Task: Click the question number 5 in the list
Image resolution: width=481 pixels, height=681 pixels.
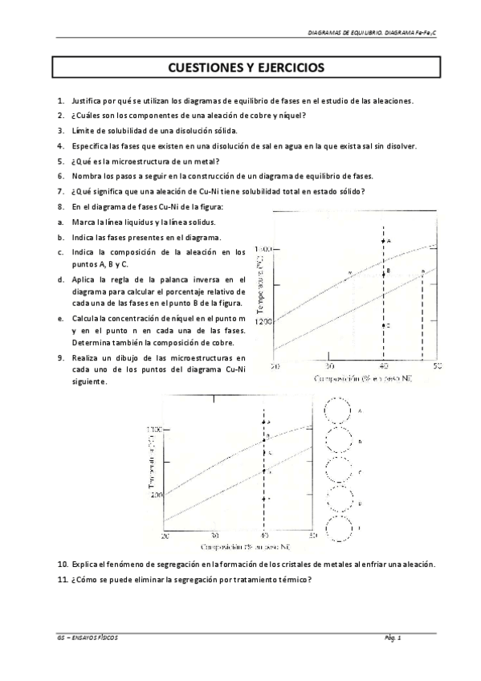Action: [60, 161]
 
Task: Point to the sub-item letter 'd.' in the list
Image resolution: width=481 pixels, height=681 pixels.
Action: [60, 279]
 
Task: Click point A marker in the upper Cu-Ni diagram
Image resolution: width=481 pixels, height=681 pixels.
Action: [384, 241]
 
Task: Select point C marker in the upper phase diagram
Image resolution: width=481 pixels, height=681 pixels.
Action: [384, 325]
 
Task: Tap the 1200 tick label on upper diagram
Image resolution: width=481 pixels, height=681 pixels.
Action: [263, 322]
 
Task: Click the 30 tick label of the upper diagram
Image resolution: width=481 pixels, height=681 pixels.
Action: [329, 366]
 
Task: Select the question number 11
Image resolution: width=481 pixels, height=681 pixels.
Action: [62, 579]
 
